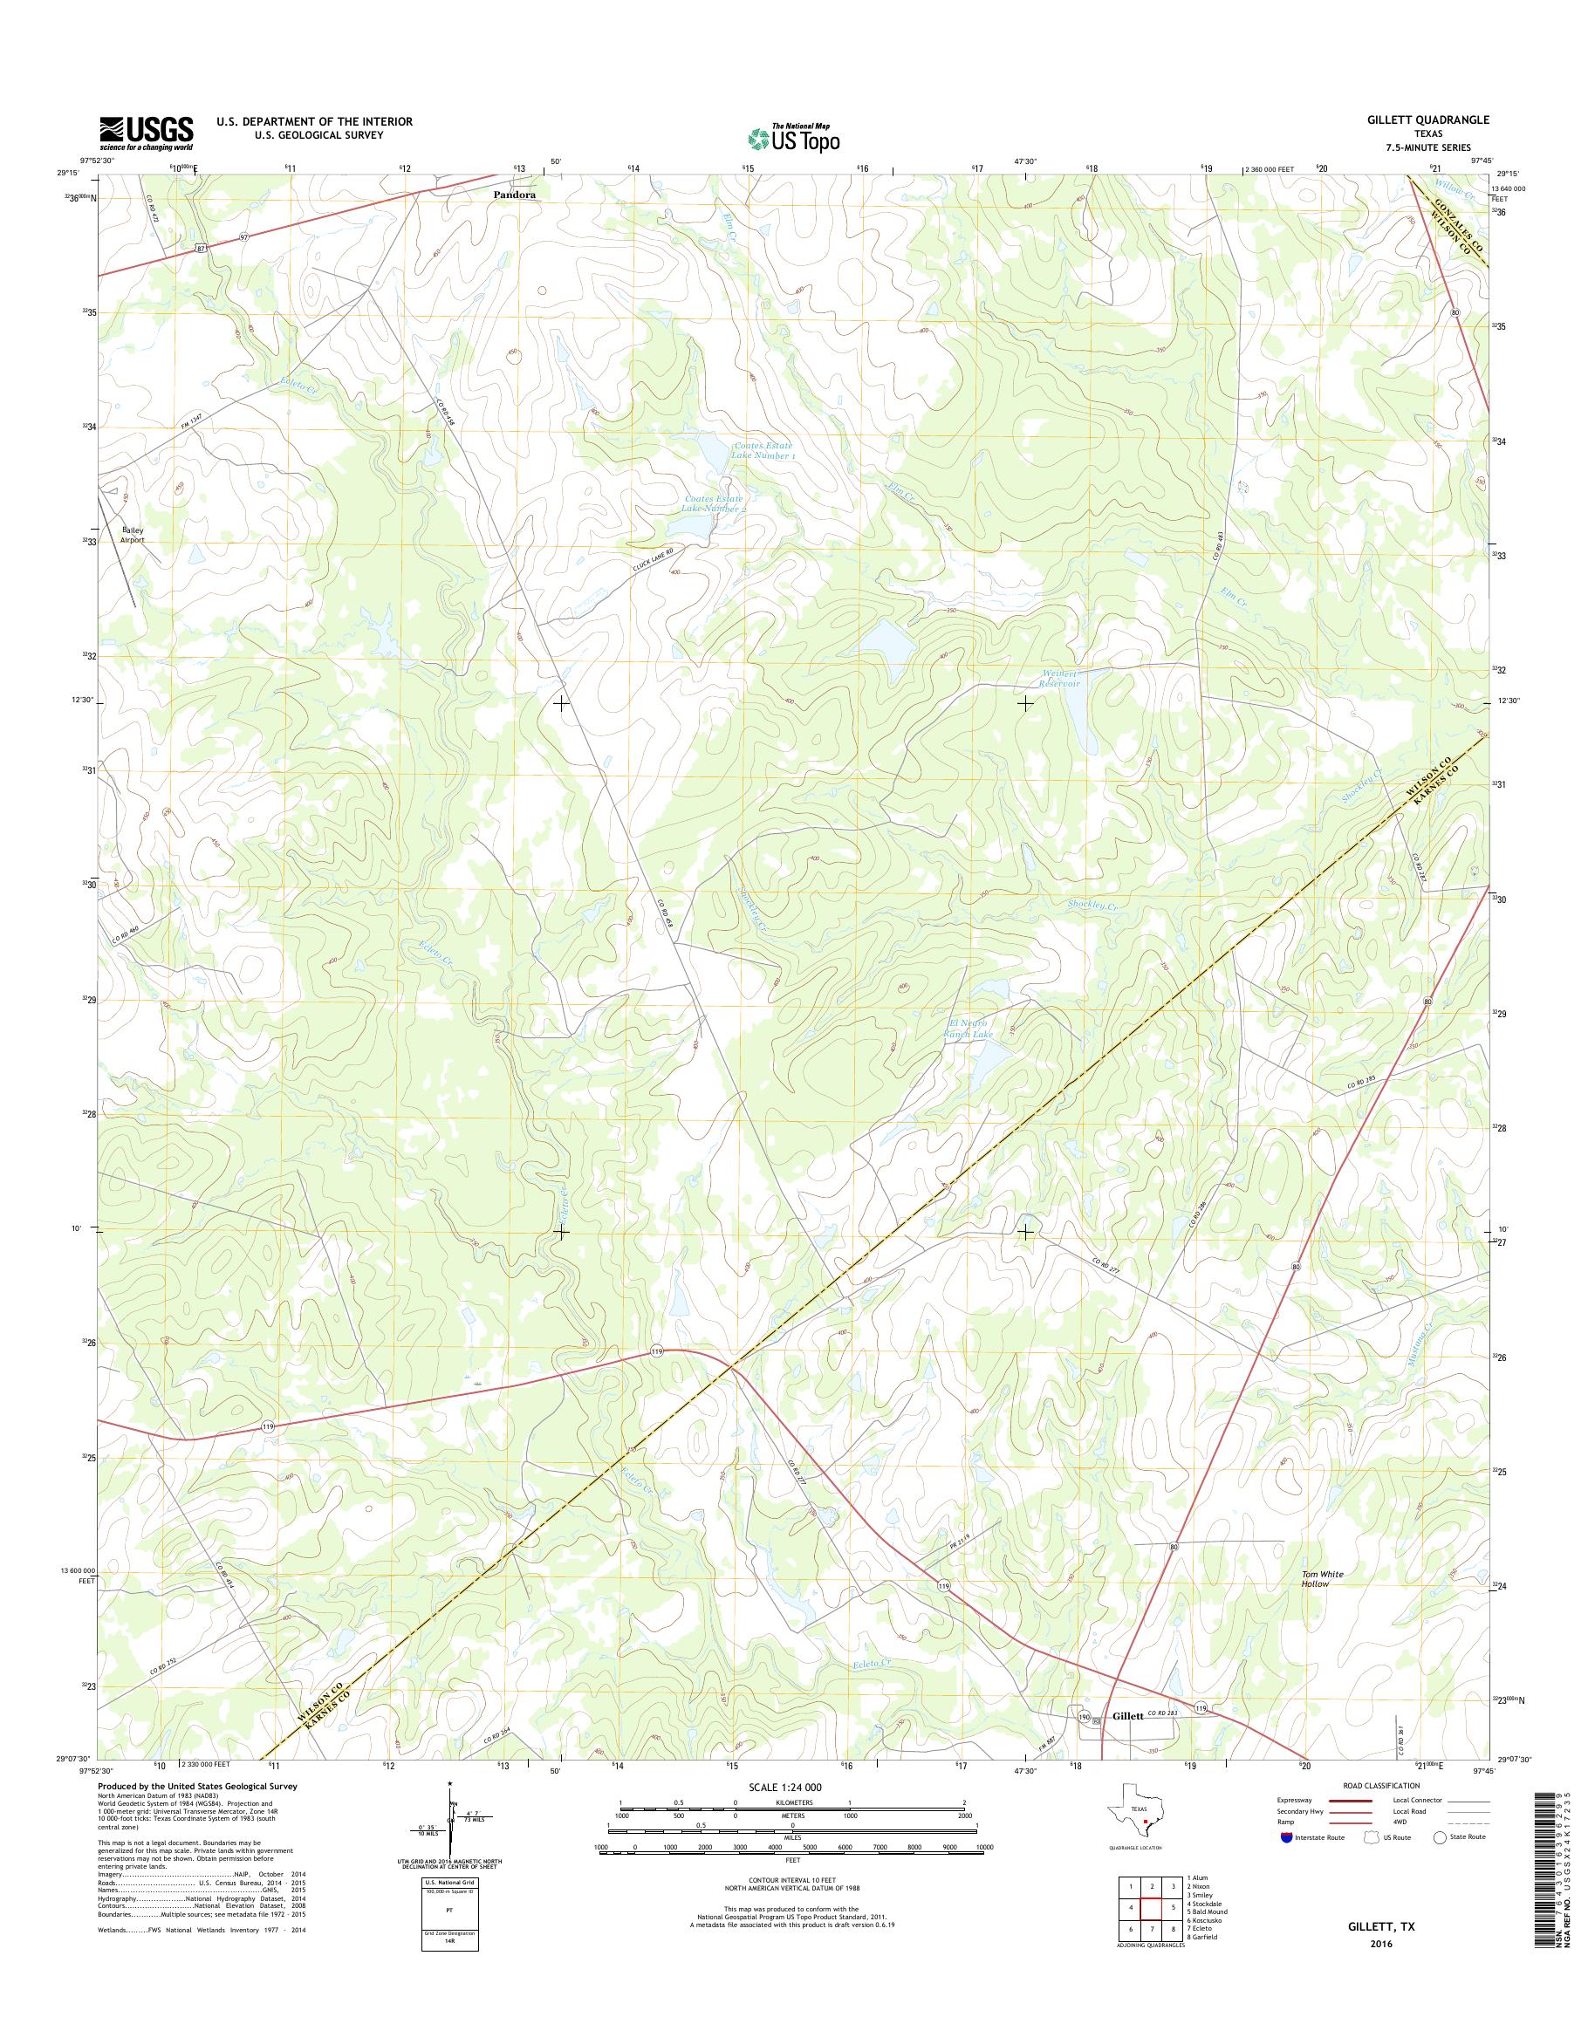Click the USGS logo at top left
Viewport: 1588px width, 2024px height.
click(146, 133)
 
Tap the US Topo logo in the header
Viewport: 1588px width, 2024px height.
click(794, 138)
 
